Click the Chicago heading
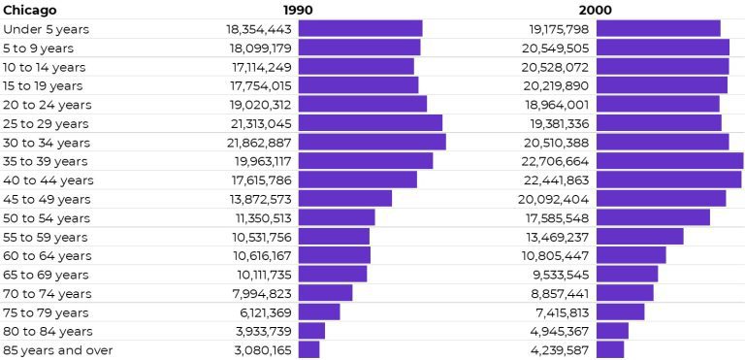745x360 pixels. pyautogui.click(x=30, y=10)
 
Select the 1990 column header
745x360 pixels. pyautogui.click(x=298, y=10)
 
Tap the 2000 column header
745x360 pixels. pyautogui.click(x=595, y=10)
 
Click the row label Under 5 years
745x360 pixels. pyautogui.click(x=46, y=29)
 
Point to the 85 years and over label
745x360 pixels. pyautogui.click(x=58, y=350)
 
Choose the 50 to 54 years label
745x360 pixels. pyautogui.click(x=46, y=218)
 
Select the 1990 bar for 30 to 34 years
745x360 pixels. pyautogui.click(x=372, y=143)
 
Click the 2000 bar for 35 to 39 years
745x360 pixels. pyautogui.click(x=669, y=161)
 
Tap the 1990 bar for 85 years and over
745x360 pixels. pyautogui.click(x=308, y=350)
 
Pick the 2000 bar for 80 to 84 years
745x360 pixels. pyautogui.click(x=612, y=331)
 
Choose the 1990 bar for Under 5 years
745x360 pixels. pyautogui.click(x=360, y=29)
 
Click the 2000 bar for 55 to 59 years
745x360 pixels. pyautogui.click(x=639, y=237)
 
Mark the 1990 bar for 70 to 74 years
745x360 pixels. pyautogui.click(x=325, y=293)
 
